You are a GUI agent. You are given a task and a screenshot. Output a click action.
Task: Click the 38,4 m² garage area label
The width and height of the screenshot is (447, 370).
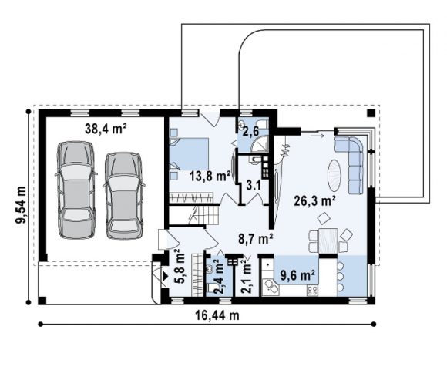pos(106,129)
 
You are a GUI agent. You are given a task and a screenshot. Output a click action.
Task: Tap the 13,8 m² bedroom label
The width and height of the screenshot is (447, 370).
pos(210,177)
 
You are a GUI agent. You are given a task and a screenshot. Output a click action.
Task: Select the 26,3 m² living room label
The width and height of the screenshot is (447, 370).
pos(314,201)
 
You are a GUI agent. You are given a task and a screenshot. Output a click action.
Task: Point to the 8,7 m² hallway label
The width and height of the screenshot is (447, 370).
pos(256,239)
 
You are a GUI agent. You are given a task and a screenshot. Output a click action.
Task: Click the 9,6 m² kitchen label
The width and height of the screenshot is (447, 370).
pos(297,276)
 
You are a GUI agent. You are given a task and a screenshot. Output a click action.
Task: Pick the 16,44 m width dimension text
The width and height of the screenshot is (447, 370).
pos(217,315)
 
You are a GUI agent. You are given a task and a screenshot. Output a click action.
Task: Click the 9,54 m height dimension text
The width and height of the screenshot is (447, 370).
pos(21,205)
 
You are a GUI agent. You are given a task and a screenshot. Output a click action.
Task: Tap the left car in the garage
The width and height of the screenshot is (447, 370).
pos(76,190)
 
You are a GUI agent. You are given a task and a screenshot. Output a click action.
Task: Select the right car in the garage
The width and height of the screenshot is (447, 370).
pos(123,196)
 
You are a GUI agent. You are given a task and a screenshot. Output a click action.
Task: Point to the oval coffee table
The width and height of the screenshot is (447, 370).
pos(334,175)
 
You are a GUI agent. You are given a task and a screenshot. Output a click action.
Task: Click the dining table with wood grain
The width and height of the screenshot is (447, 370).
pos(328,240)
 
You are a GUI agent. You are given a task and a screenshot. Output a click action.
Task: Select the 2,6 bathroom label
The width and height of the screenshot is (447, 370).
pos(250,132)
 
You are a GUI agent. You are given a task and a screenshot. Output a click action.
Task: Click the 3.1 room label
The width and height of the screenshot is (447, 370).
pos(254,186)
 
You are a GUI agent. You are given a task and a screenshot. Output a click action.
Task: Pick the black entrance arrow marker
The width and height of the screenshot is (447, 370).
pos(165,276)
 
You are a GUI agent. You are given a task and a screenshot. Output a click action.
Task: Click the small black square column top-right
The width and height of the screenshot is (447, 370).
pos(371,113)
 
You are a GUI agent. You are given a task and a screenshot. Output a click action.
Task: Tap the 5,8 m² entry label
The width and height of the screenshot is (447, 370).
pos(180,267)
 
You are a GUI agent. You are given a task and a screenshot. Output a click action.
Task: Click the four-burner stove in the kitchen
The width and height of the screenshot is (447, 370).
pos(312,291)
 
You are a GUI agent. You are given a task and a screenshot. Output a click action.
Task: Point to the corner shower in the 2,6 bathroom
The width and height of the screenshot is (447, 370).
pos(260,143)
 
